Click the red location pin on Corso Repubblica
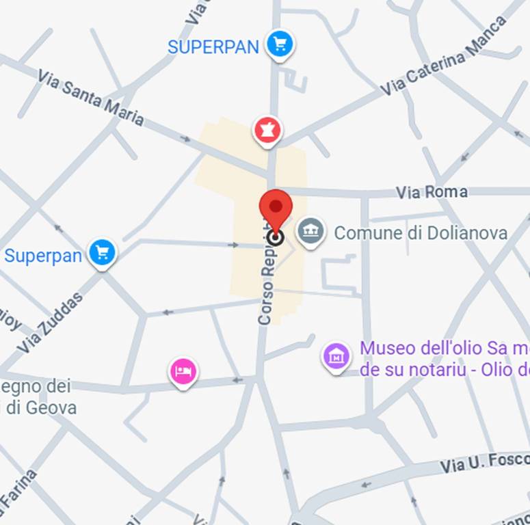pyautogui.click(x=276, y=208)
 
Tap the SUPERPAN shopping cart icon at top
pyautogui.click(x=279, y=44)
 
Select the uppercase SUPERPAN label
pyautogui.click(x=213, y=47)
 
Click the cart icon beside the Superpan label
pyautogui.click(x=103, y=252)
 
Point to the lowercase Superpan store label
pyautogui.click(x=43, y=256)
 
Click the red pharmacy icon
pyautogui.click(x=267, y=129)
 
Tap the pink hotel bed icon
pyautogui.click(x=183, y=371)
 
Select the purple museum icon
pyautogui.click(x=336, y=355)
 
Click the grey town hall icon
pyautogui.click(x=310, y=230)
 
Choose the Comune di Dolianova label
pyautogui.click(x=421, y=233)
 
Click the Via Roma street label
pyautogui.click(x=432, y=192)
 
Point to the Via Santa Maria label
pyautogui.click(x=91, y=98)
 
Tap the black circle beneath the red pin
pyautogui.click(x=276, y=237)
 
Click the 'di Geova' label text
pyautogui.click(x=41, y=408)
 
